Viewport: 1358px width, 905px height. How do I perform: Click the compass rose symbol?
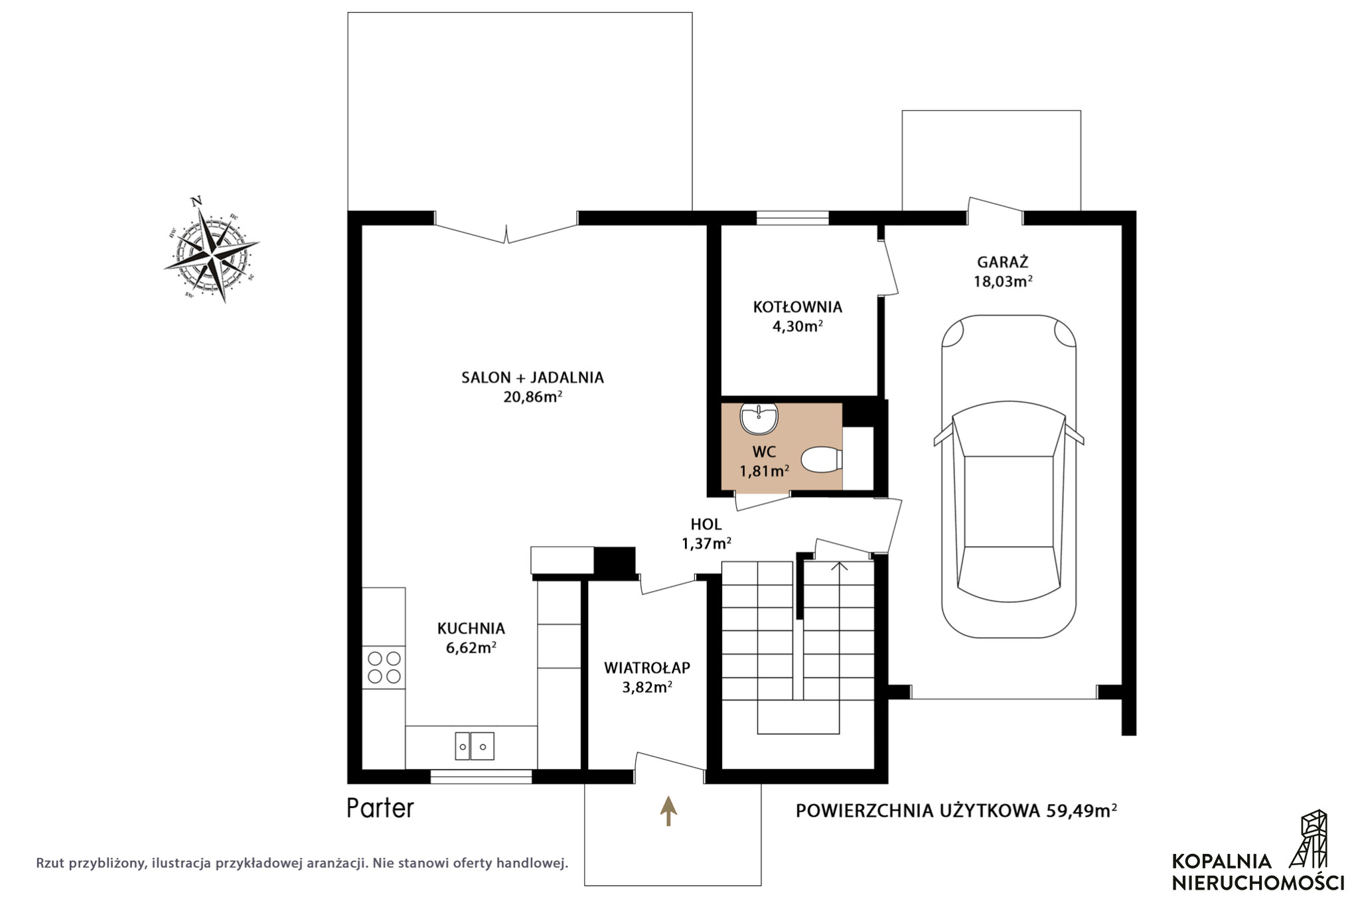click(211, 250)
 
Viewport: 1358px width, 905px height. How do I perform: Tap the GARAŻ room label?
click(1002, 261)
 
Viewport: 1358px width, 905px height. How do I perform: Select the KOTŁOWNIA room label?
click(797, 307)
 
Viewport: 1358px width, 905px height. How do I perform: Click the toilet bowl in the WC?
click(822, 460)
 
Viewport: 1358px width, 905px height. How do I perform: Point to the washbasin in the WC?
click(759, 418)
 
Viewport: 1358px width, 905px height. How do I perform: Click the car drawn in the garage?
click(1009, 476)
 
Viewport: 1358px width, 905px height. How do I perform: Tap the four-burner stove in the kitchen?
click(384, 667)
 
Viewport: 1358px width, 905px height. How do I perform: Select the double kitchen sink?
click(474, 746)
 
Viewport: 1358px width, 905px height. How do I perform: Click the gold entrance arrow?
click(668, 811)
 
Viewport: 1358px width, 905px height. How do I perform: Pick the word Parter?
click(380, 808)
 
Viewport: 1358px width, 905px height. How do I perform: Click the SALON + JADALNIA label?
click(532, 378)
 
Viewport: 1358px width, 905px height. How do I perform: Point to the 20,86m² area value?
click(532, 397)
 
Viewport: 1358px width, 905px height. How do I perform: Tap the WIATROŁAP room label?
click(647, 667)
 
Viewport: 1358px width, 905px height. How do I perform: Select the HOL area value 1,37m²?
click(706, 543)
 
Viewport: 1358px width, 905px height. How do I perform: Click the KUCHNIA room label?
click(471, 628)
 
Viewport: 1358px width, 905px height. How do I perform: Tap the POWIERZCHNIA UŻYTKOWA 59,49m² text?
click(956, 810)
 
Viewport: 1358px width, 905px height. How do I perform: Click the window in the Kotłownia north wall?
click(792, 218)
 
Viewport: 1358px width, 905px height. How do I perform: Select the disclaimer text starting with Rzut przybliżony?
click(302, 863)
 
